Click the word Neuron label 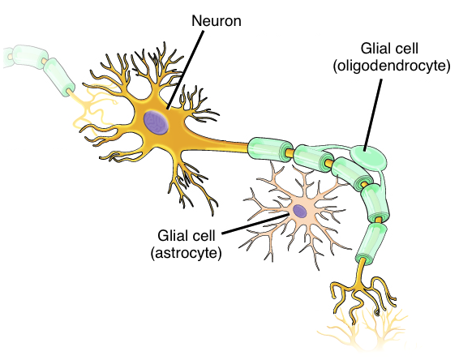coord(217,21)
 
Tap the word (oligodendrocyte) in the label coord(392,66)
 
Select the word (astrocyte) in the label coord(186,253)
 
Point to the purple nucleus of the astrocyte coord(300,211)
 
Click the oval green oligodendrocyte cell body coord(369,158)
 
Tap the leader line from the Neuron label coord(185,70)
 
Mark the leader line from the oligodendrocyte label coord(373,115)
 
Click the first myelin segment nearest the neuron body coord(270,148)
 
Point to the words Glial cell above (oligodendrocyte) coord(389,49)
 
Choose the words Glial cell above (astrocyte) coord(187,235)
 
